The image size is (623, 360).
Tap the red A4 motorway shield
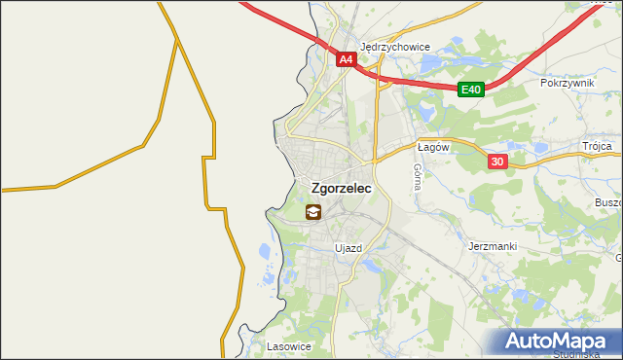tap(346, 60)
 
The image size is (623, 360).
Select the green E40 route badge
tap(471, 90)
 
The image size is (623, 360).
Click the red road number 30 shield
tap(497, 162)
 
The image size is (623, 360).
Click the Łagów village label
tap(431, 147)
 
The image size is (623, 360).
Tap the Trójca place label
tap(597, 146)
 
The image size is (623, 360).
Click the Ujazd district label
tap(348, 248)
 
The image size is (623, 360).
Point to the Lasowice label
tap(289, 346)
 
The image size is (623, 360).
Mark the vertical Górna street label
tap(417, 176)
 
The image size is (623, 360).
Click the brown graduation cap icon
tap(313, 212)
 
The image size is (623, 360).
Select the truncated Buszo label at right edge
tap(607, 202)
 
